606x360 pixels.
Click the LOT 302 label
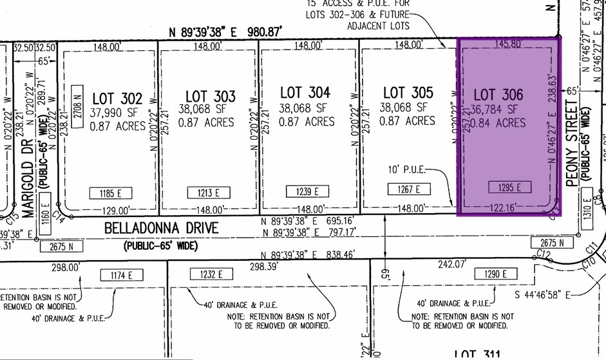117,99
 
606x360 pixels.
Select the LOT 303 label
210,96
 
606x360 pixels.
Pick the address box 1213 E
209,193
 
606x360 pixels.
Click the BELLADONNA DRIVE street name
160,227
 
